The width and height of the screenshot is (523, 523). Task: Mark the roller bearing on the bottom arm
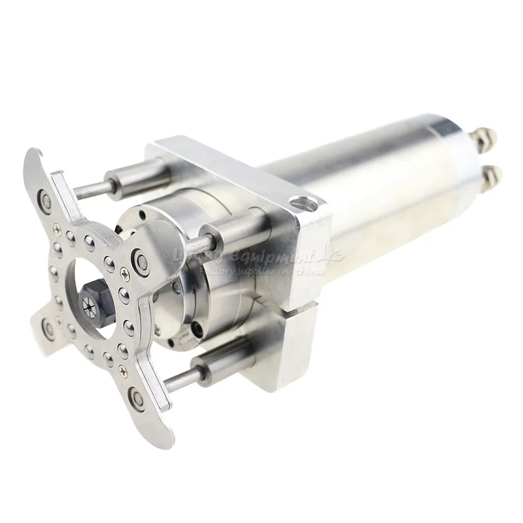tap(137, 396)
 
